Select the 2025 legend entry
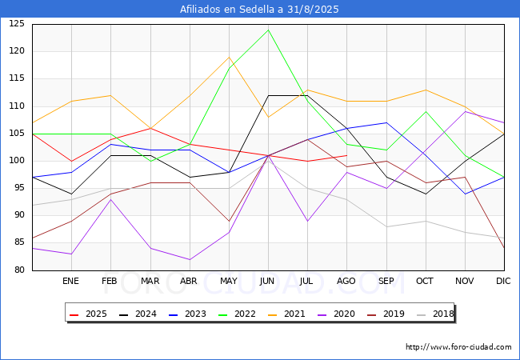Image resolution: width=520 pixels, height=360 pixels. pyautogui.click(x=88, y=314)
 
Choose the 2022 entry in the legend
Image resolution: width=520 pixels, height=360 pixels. pyautogui.click(x=237, y=314)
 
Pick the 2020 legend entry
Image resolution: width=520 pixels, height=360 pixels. pyautogui.click(x=336, y=314)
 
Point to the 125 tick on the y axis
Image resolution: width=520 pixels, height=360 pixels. pyautogui.click(x=17, y=24)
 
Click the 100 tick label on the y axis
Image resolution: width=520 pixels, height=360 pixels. pyautogui.click(x=17, y=161)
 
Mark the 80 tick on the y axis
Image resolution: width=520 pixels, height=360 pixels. pyautogui.click(x=19, y=270)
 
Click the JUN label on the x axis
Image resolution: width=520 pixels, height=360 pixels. pyautogui.click(x=267, y=281)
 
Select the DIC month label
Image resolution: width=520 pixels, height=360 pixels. pyautogui.click(x=503, y=281)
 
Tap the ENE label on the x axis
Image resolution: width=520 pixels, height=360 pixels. pyautogui.click(x=70, y=281)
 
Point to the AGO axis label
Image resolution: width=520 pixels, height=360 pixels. pyautogui.click(x=346, y=281)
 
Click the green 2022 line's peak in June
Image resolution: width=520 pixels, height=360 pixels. pyautogui.click(x=268, y=30)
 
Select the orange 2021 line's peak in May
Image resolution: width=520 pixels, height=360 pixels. pyautogui.click(x=229, y=58)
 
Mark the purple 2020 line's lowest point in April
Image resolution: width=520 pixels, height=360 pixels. pyautogui.click(x=190, y=259)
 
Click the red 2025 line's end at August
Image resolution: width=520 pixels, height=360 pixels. pyautogui.click(x=346, y=155)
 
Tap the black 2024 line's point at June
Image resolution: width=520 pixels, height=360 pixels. pyautogui.click(x=268, y=95)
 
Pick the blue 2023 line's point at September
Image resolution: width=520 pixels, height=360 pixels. pyautogui.click(x=386, y=122)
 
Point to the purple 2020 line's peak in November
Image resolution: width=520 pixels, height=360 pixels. pyautogui.click(x=466, y=111)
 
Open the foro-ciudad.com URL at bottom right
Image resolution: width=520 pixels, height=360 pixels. pyautogui.click(x=458, y=347)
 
